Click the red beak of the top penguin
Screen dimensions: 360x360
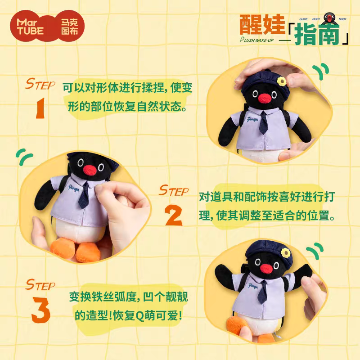(x=258, y=97)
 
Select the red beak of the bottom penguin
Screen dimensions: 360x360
(x=266, y=269)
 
